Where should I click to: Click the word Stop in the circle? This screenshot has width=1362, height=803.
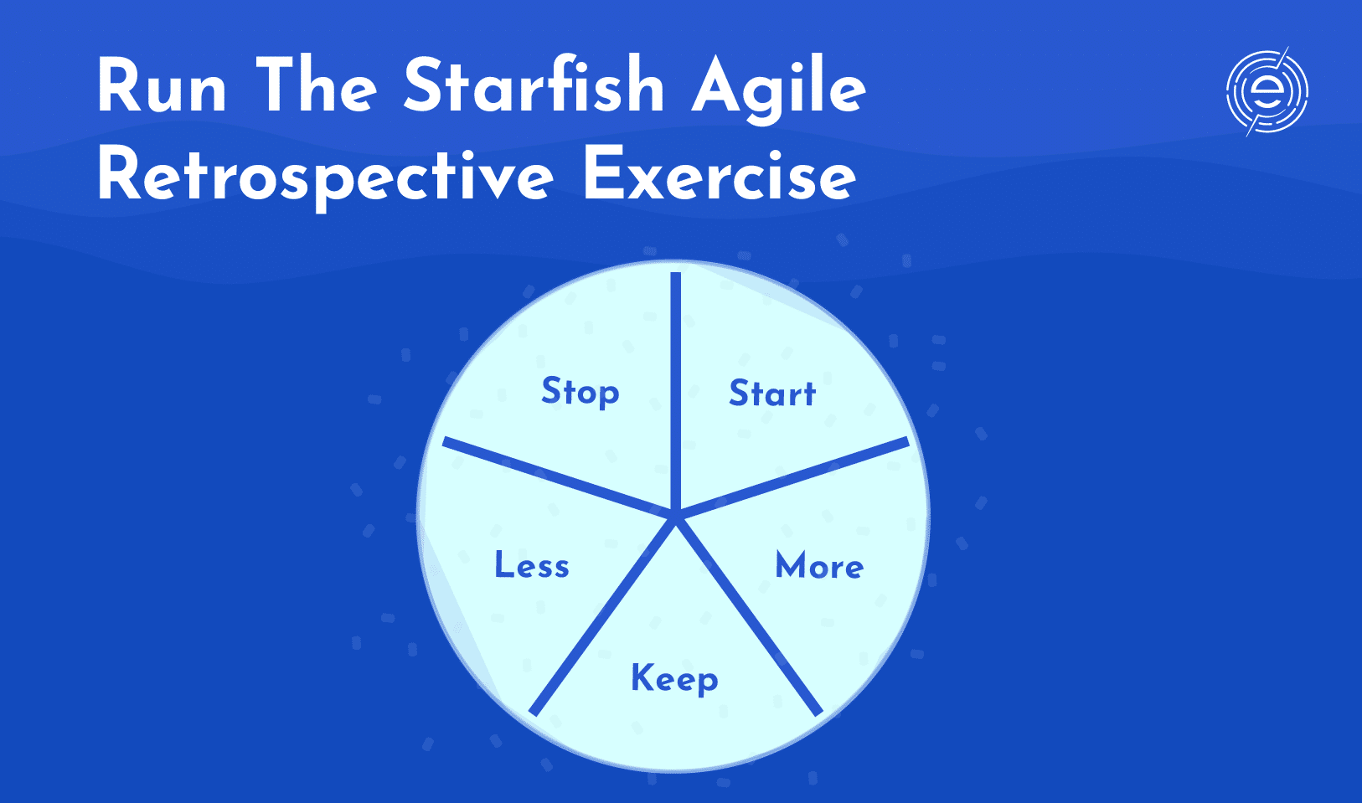pos(580,392)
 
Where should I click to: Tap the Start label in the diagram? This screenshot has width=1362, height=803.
pos(772,393)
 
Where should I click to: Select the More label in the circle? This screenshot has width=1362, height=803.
pos(819,565)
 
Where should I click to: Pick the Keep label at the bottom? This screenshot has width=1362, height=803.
pos(674,680)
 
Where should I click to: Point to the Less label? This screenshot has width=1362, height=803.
pos(532,564)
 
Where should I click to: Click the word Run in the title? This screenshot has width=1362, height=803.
pos(162,85)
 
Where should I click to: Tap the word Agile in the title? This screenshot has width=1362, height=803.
pos(779,90)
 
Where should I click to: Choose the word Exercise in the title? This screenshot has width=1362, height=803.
pos(720,175)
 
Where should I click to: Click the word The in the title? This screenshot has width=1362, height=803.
pos(316,85)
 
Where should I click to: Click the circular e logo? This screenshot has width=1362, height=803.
pos(1267,92)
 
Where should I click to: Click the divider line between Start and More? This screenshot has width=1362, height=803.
pos(792,478)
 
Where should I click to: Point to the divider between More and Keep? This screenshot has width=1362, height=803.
pos(748,615)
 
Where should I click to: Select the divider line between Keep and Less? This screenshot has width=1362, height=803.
pos(603,615)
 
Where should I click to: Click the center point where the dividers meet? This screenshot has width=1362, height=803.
pos(675,516)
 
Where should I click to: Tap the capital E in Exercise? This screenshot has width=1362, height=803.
pos(602,175)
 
